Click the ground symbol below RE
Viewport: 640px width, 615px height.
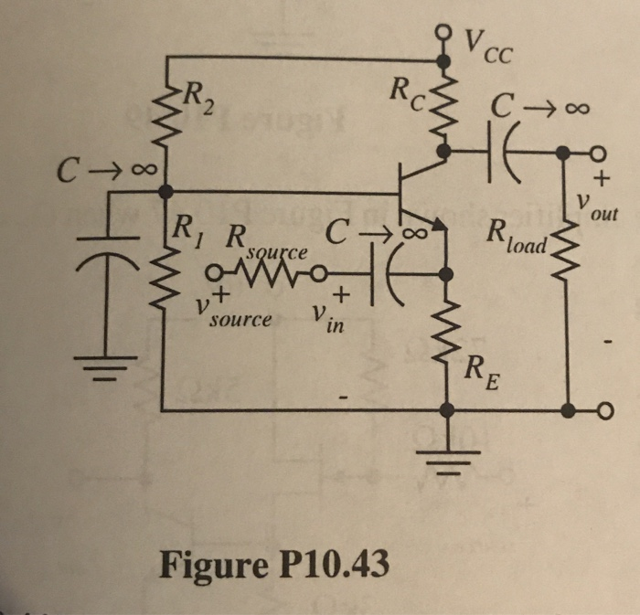[445, 456]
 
